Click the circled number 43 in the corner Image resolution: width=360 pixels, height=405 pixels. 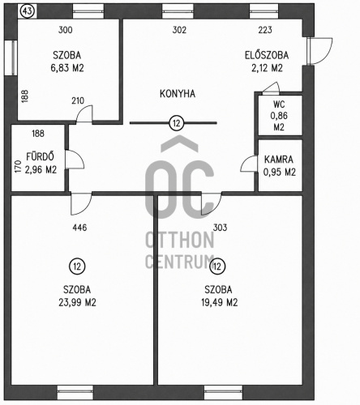point(28,11)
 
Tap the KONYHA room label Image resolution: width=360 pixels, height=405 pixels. point(178,94)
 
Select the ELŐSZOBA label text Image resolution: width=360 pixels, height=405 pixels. point(267,55)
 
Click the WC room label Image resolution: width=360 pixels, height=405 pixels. point(279,104)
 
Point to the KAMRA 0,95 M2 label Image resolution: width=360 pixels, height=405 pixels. point(279,165)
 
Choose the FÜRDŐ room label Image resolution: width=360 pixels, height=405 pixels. point(40,156)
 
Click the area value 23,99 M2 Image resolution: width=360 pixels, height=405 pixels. point(77,302)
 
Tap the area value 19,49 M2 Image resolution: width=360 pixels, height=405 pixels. point(219,302)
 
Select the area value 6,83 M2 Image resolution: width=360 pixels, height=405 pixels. point(67,68)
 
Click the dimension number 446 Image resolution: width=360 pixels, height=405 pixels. point(79,228)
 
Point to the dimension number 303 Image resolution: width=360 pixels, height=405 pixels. point(220,228)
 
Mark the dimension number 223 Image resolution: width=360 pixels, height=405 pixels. point(265,30)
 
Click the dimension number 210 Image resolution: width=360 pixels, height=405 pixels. point(78,100)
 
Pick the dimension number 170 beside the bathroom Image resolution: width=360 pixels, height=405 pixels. point(19,167)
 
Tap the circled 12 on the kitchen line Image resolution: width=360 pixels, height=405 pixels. point(176,123)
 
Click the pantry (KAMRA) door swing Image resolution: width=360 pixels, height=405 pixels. point(248,164)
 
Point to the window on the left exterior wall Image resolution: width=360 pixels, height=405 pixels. point(11,58)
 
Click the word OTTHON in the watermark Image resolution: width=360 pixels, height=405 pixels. point(180,241)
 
